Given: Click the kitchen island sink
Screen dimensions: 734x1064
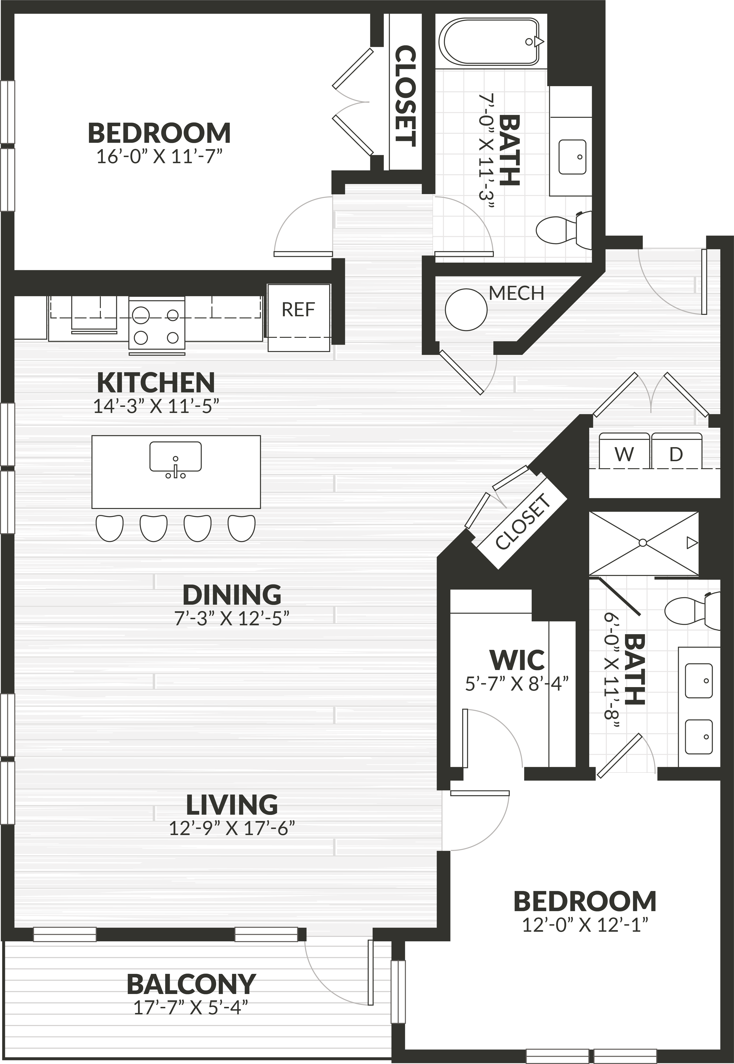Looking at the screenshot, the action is click(175, 457).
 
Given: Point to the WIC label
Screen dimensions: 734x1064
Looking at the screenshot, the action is click(517, 660).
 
